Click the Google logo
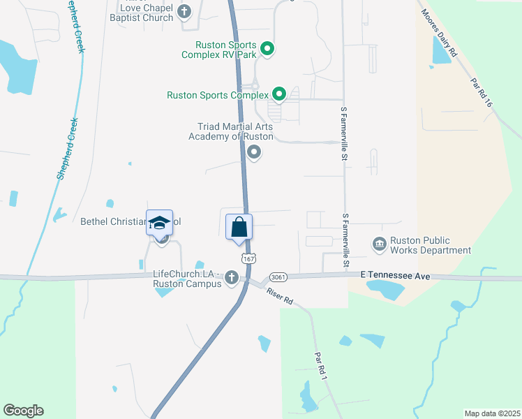24,411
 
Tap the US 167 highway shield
250,258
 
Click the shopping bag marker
239,228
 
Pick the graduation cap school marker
159,223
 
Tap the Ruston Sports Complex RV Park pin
267,49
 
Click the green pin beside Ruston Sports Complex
279,94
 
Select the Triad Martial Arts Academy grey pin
254,152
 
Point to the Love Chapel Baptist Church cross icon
184,11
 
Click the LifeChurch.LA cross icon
232,279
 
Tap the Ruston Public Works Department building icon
380,243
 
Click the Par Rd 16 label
482,92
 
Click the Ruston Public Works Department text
430,245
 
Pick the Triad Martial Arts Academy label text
231,131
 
